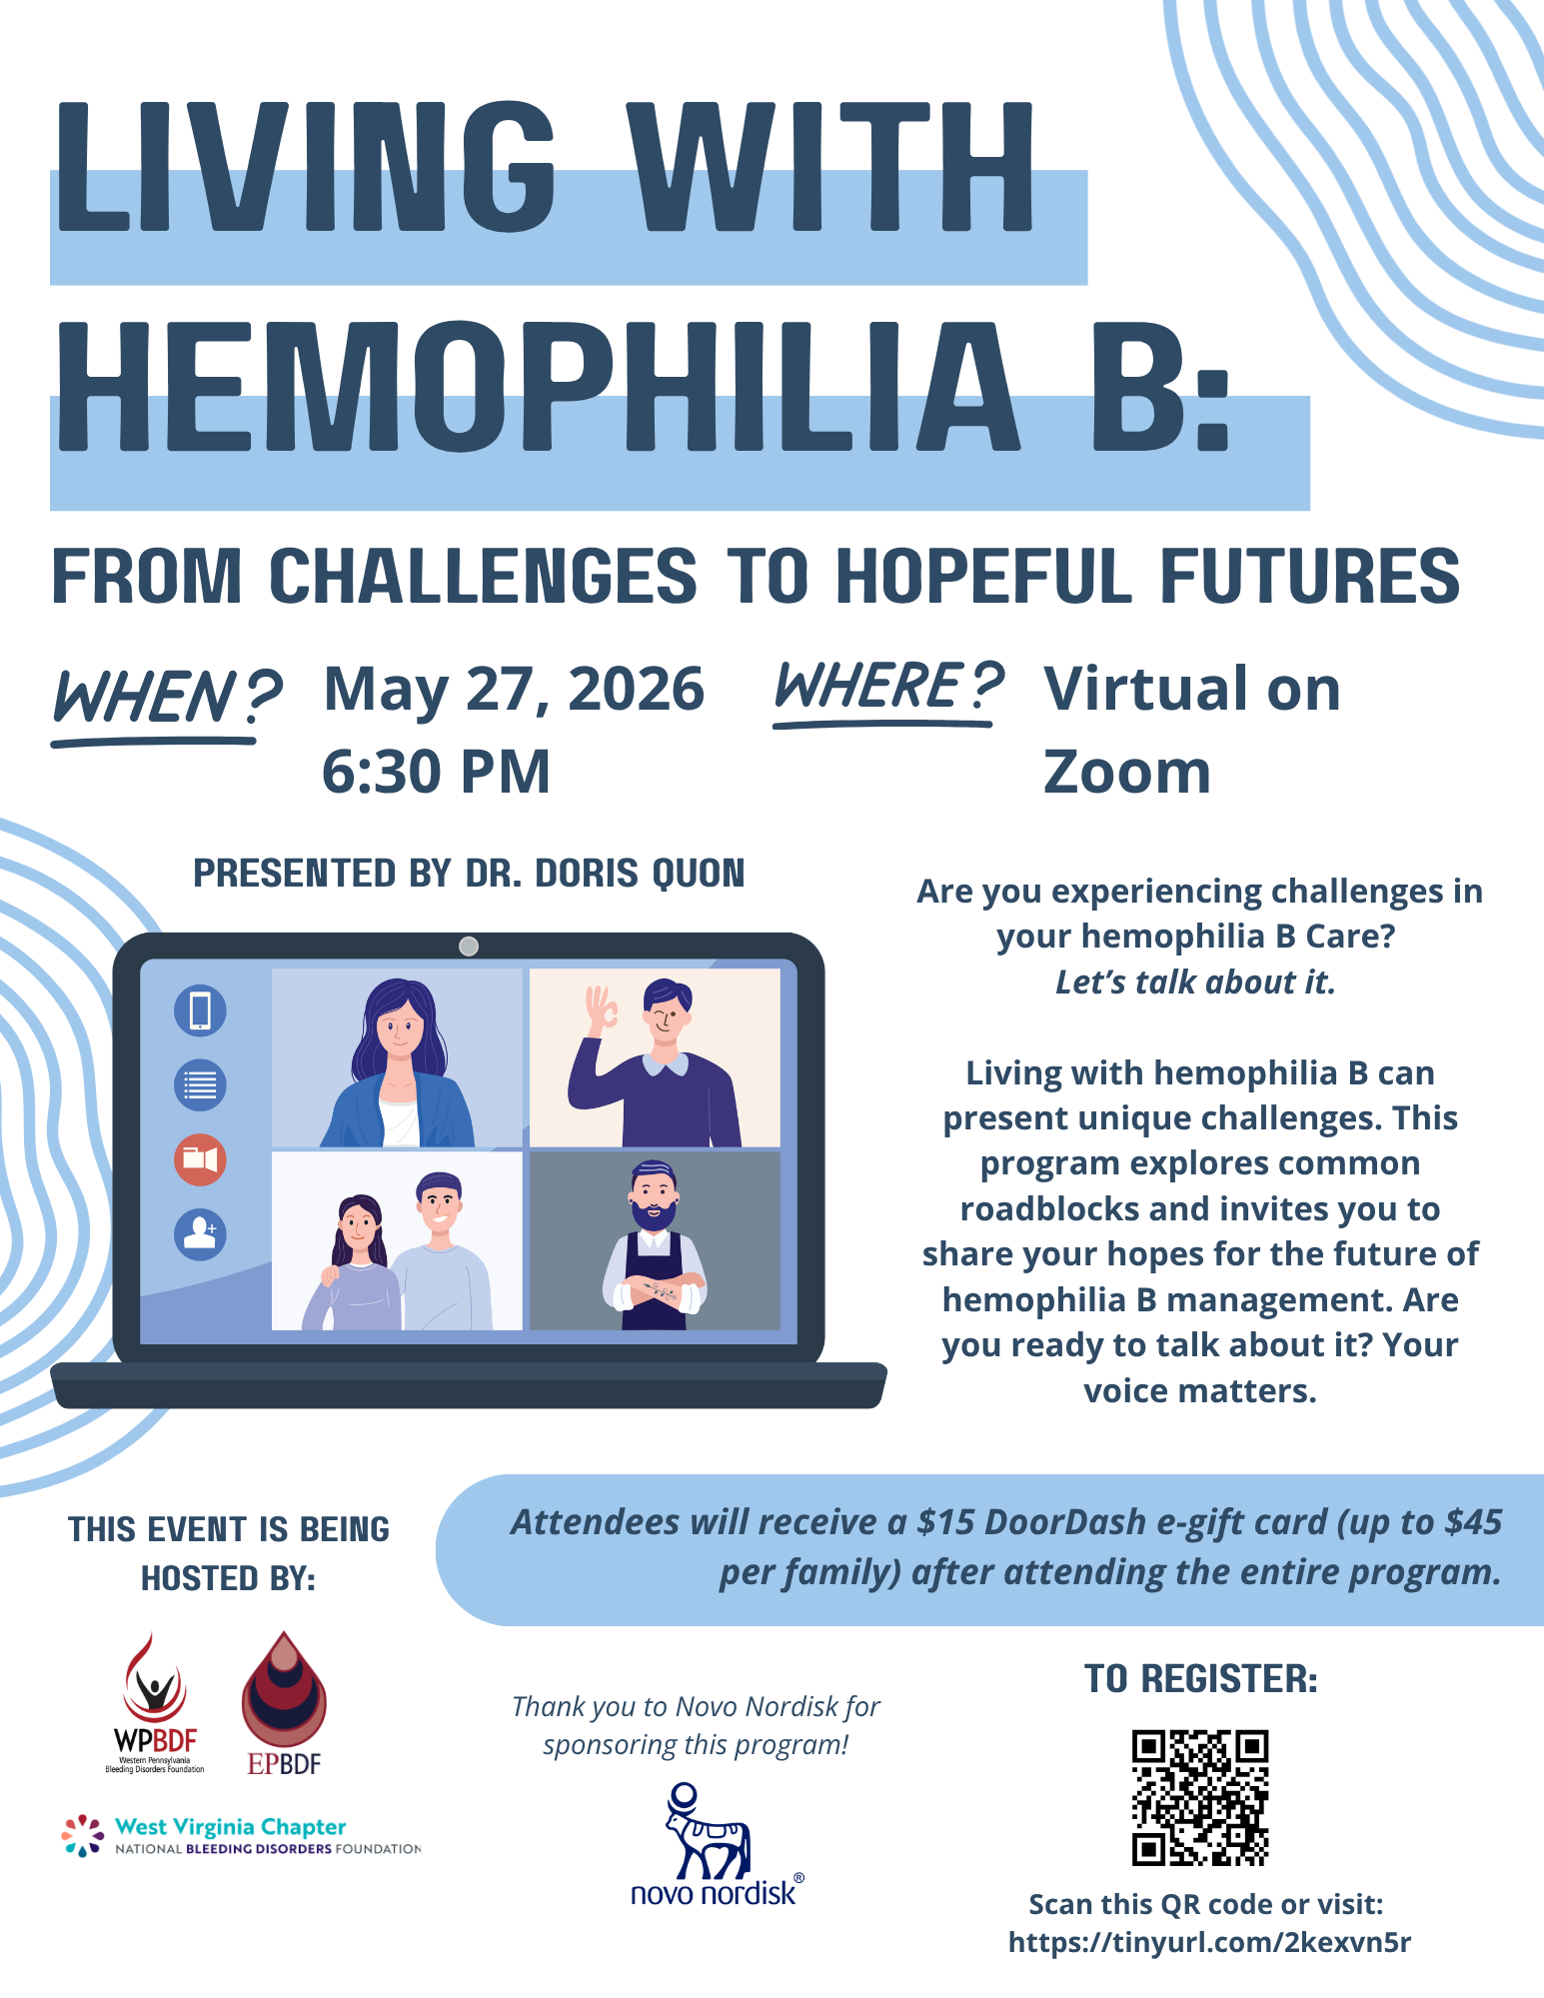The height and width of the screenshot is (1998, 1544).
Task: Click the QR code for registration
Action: coord(1199,1797)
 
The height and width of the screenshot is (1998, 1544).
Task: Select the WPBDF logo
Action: coord(155,1704)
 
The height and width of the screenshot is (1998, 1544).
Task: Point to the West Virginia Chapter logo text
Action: coord(231,1827)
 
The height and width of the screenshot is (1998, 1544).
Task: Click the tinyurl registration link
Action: coord(1209,1942)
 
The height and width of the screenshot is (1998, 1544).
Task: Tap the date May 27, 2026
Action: coord(514,690)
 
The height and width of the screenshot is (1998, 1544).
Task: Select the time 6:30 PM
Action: coord(436,772)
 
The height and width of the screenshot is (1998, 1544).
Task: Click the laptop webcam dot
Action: coord(468,946)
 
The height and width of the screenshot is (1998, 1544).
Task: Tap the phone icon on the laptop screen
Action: coord(200,1009)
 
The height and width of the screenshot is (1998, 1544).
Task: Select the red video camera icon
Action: coord(200,1159)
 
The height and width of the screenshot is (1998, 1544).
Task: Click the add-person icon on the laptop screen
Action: coord(200,1233)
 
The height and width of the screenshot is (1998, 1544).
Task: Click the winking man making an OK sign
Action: coord(655,1059)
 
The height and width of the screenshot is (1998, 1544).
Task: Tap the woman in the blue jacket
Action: coord(398,1061)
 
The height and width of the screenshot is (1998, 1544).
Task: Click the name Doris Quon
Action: coord(640,874)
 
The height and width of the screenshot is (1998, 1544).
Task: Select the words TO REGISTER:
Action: coord(1201,1679)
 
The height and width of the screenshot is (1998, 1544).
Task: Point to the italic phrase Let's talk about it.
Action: coord(1195,983)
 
